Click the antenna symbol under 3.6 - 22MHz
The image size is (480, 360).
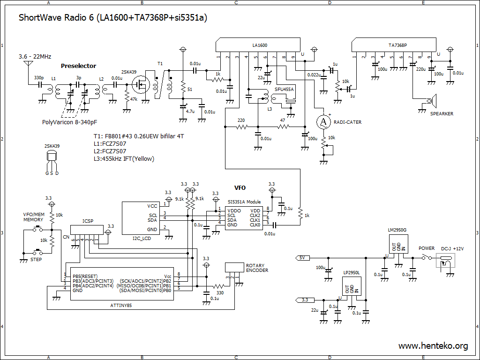28,64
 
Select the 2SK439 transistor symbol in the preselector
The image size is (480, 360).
141,84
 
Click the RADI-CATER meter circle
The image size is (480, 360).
323,122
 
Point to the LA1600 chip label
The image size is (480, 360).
260,45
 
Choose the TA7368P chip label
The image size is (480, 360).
397,45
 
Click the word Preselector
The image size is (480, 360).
78,66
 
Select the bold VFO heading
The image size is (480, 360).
240,188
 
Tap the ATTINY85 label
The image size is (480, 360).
121,305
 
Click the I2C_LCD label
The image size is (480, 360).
142,239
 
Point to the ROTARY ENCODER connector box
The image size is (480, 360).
234,267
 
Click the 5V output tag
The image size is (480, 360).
302,258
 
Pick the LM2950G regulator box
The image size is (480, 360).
398,244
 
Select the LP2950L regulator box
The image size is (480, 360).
352,286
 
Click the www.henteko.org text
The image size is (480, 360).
433,346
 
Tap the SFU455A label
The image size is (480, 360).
284,90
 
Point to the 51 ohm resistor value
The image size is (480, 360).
190,90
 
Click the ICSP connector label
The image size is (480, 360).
88,221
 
